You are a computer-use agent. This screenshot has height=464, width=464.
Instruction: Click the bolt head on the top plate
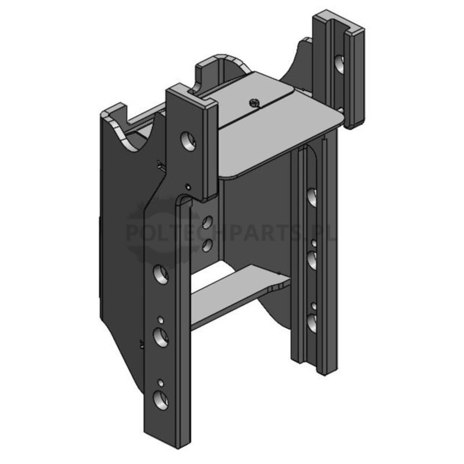pyautogui.click(x=253, y=103)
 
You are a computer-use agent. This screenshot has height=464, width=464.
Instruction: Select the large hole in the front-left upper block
pyautogui.click(x=188, y=140)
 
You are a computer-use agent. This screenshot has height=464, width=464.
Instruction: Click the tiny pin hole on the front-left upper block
pyautogui.click(x=187, y=187)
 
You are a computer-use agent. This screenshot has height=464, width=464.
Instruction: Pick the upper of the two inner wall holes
pyautogui.click(x=208, y=222)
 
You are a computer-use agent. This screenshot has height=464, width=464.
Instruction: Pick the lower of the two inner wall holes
pyautogui.click(x=208, y=245)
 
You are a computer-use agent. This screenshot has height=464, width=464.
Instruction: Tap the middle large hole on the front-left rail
pyautogui.click(x=161, y=337)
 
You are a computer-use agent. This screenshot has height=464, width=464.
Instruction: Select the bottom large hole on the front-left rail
pyautogui.click(x=161, y=400)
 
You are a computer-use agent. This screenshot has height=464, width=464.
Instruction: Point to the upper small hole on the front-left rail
pyautogui.click(x=161, y=320)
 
